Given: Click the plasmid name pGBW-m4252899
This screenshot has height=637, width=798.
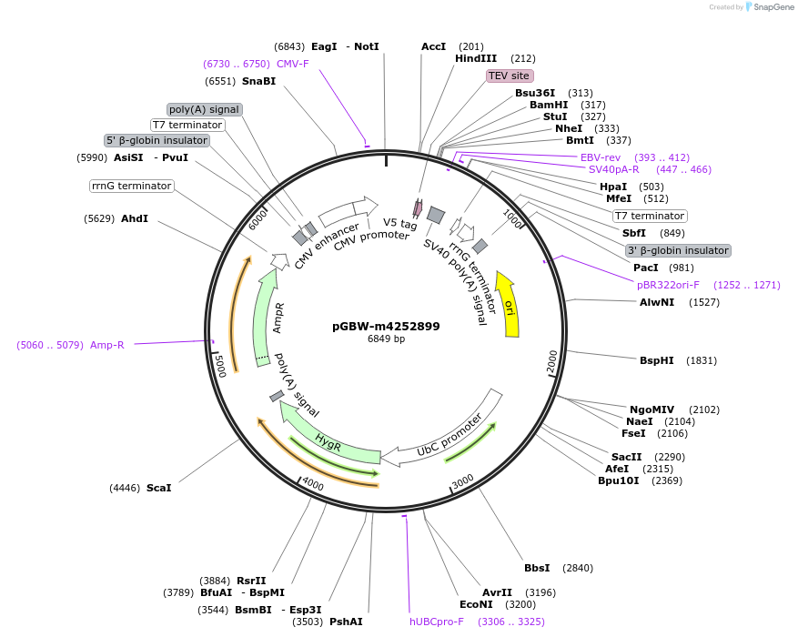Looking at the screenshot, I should pyautogui.click(x=386, y=326).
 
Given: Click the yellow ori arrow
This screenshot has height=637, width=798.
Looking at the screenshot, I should pyautogui.click(x=508, y=304).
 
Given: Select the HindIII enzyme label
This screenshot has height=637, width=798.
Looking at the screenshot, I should pyautogui.click(x=476, y=59).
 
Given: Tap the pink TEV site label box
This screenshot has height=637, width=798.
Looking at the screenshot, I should pyautogui.click(x=510, y=76).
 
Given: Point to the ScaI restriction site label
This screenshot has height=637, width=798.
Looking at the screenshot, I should pyautogui.click(x=158, y=488).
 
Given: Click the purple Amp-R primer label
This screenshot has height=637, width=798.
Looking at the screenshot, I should pyautogui.click(x=108, y=345).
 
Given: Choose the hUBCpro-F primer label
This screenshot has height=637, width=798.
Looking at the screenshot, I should pyautogui.click(x=437, y=622).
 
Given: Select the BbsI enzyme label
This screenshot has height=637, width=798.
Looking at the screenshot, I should pyautogui.click(x=537, y=568).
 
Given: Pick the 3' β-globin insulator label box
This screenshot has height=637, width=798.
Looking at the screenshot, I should pyautogui.click(x=678, y=250).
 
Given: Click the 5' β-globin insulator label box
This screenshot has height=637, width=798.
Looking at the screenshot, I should pyautogui.click(x=157, y=140).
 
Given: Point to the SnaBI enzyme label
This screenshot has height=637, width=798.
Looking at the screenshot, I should pyautogui.click(x=259, y=81).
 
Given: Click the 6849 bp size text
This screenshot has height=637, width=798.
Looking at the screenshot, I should pyautogui.click(x=386, y=339).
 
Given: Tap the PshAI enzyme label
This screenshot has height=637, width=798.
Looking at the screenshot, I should pyautogui.click(x=346, y=622).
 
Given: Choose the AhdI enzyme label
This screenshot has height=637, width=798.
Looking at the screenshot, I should pyautogui.click(x=134, y=218).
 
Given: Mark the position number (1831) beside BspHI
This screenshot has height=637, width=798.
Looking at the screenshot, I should pyautogui.click(x=702, y=360).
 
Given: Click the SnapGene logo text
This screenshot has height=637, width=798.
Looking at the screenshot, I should pyautogui.click(x=769, y=7).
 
